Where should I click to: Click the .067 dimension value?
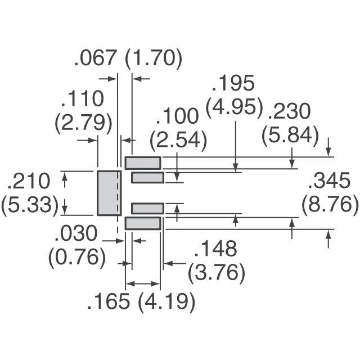(94, 58)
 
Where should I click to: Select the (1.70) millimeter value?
(154, 59)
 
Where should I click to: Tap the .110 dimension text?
(83, 98)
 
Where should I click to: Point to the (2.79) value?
(84, 124)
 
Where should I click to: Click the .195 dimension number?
(233, 83)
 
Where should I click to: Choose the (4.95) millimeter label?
(234, 107)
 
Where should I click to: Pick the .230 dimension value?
(289, 111)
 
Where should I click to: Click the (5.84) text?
(290, 136)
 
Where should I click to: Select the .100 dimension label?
(177, 116)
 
